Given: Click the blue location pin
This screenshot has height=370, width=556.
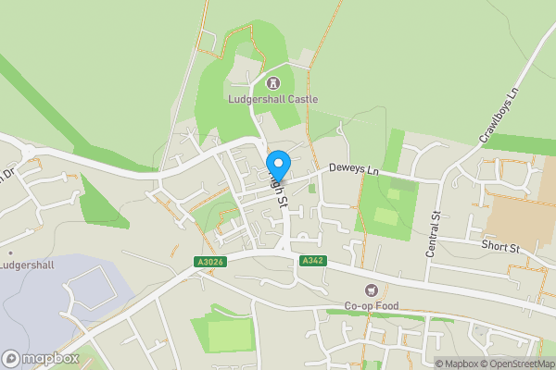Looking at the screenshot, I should pos(278,163).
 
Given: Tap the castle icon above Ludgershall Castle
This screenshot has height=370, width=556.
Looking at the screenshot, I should pos(272,83).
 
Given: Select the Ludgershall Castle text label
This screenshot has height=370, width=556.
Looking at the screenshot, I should pos(272,99).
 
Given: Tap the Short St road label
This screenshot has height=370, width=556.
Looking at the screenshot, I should pos(501,248).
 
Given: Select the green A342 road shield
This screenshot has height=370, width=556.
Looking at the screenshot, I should pos(311,262).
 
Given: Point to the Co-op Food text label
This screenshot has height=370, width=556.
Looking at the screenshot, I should pos(373,307).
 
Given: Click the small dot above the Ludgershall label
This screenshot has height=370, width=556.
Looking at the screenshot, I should pos(10,252).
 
